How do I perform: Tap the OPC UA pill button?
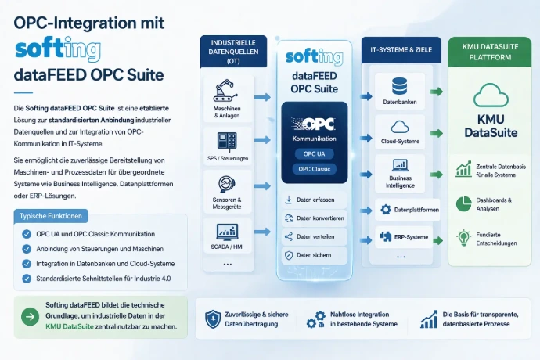pos(314,154)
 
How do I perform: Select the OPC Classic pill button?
pos(314,169)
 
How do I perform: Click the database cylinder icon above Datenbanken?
pos(399,86)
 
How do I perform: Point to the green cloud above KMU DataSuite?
pos(491,95)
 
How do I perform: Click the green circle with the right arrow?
pos(31,317)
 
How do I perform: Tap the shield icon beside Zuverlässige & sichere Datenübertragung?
pos(213,319)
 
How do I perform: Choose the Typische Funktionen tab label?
pos(51,216)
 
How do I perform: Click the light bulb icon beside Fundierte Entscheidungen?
pos(463,238)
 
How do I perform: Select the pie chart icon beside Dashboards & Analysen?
pos(463,204)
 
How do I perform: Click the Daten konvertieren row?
pos(315,218)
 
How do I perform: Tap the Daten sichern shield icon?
pos(289,255)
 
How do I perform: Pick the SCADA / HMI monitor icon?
pos(227,232)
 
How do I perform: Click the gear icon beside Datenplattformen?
pos(386,210)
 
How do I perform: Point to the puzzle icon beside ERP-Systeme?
pos(385,236)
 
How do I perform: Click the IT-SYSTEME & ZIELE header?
pos(401,50)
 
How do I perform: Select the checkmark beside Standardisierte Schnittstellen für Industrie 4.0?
pos(27,279)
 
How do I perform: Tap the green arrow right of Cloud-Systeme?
pos(437,133)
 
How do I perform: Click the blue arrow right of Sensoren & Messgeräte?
pos(262,186)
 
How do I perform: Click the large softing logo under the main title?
pos(58,49)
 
